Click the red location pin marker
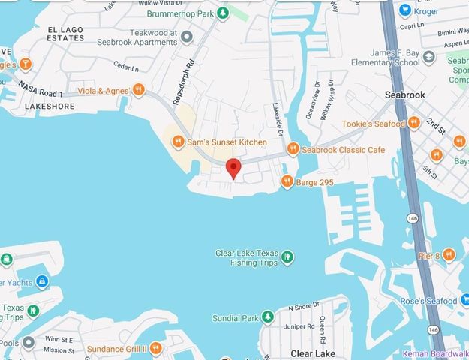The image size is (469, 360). pyautogui.click(x=233, y=168)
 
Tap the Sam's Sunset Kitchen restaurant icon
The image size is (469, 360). pyautogui.click(x=178, y=141)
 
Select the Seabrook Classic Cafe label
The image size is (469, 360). pyautogui.click(x=343, y=150)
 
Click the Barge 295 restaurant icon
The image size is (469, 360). pyautogui.click(x=287, y=181)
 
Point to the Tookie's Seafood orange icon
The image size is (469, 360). pyautogui.click(x=413, y=123)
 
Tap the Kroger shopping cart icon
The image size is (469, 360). pyautogui.click(x=405, y=10)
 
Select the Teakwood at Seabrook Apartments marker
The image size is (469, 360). pyautogui.click(x=187, y=36)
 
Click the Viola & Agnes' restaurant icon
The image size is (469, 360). pyautogui.click(x=138, y=91)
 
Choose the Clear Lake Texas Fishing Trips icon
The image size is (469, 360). pyautogui.click(x=287, y=258)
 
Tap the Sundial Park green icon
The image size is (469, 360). pyautogui.click(x=268, y=317)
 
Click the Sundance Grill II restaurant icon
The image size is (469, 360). pyautogui.click(x=155, y=349)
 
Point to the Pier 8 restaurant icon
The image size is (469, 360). pyautogui.click(x=448, y=255)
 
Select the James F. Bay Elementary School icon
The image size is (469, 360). pyautogui.click(x=428, y=57)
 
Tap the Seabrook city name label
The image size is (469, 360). pyautogui.click(x=405, y=95)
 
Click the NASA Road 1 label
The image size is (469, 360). pyautogui.click(x=40, y=90)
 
